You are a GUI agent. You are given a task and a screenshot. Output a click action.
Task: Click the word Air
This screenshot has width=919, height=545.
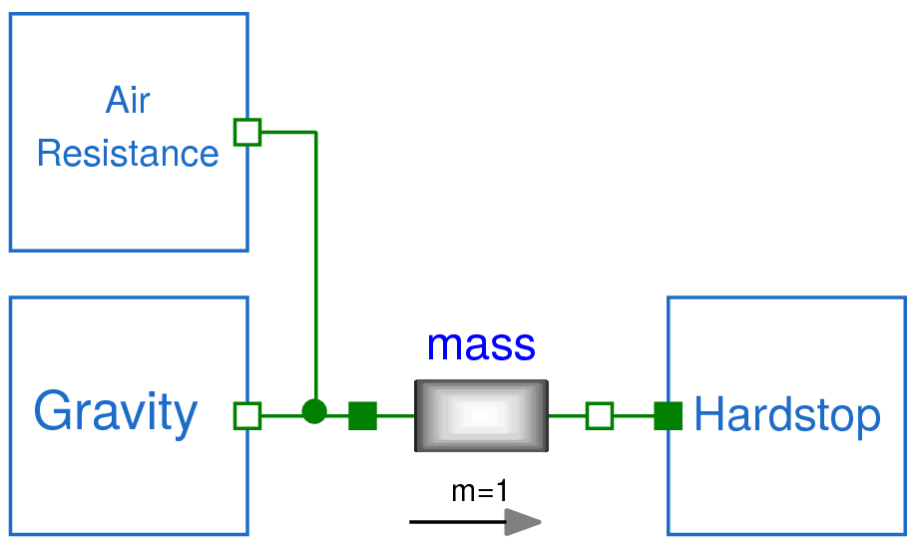coord(128,101)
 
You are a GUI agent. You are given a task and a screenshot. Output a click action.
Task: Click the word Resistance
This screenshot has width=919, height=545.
coord(128,154)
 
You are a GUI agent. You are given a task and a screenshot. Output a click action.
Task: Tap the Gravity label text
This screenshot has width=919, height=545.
coord(116,412)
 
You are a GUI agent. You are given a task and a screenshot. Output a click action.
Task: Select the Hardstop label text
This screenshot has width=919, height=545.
coord(787,414)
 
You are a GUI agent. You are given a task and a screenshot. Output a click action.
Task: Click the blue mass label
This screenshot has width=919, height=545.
coord(481,345)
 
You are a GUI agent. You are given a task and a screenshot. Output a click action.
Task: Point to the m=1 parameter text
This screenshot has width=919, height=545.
coord(480,490)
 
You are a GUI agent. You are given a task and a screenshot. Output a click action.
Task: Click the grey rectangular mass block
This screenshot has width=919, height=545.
coord(481,415)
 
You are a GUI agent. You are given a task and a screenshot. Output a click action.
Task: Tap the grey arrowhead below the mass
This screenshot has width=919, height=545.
coord(522,521)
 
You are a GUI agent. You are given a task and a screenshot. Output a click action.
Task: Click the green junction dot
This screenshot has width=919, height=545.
coord(314,411)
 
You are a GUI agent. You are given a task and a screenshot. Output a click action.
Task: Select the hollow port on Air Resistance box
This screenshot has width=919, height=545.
coord(246,132)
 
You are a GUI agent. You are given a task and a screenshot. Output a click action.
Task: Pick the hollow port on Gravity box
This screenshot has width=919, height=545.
coord(246,415)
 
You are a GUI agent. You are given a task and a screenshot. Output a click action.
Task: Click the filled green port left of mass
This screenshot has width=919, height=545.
coord(362,415)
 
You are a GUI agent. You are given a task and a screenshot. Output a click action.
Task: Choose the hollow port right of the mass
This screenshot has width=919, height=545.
coord(599,415)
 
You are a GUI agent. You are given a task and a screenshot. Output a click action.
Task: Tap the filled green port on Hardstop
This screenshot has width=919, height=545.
coord(668,415)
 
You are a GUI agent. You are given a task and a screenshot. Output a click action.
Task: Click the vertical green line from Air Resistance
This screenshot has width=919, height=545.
coord(315,270)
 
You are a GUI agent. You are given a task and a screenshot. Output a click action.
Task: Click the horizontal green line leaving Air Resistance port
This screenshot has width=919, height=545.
coord(287,132)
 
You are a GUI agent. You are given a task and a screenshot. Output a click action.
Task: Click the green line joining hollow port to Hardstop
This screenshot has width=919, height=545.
coord(634,415)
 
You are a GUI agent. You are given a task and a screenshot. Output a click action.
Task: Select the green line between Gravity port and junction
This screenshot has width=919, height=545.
coord(281,415)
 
